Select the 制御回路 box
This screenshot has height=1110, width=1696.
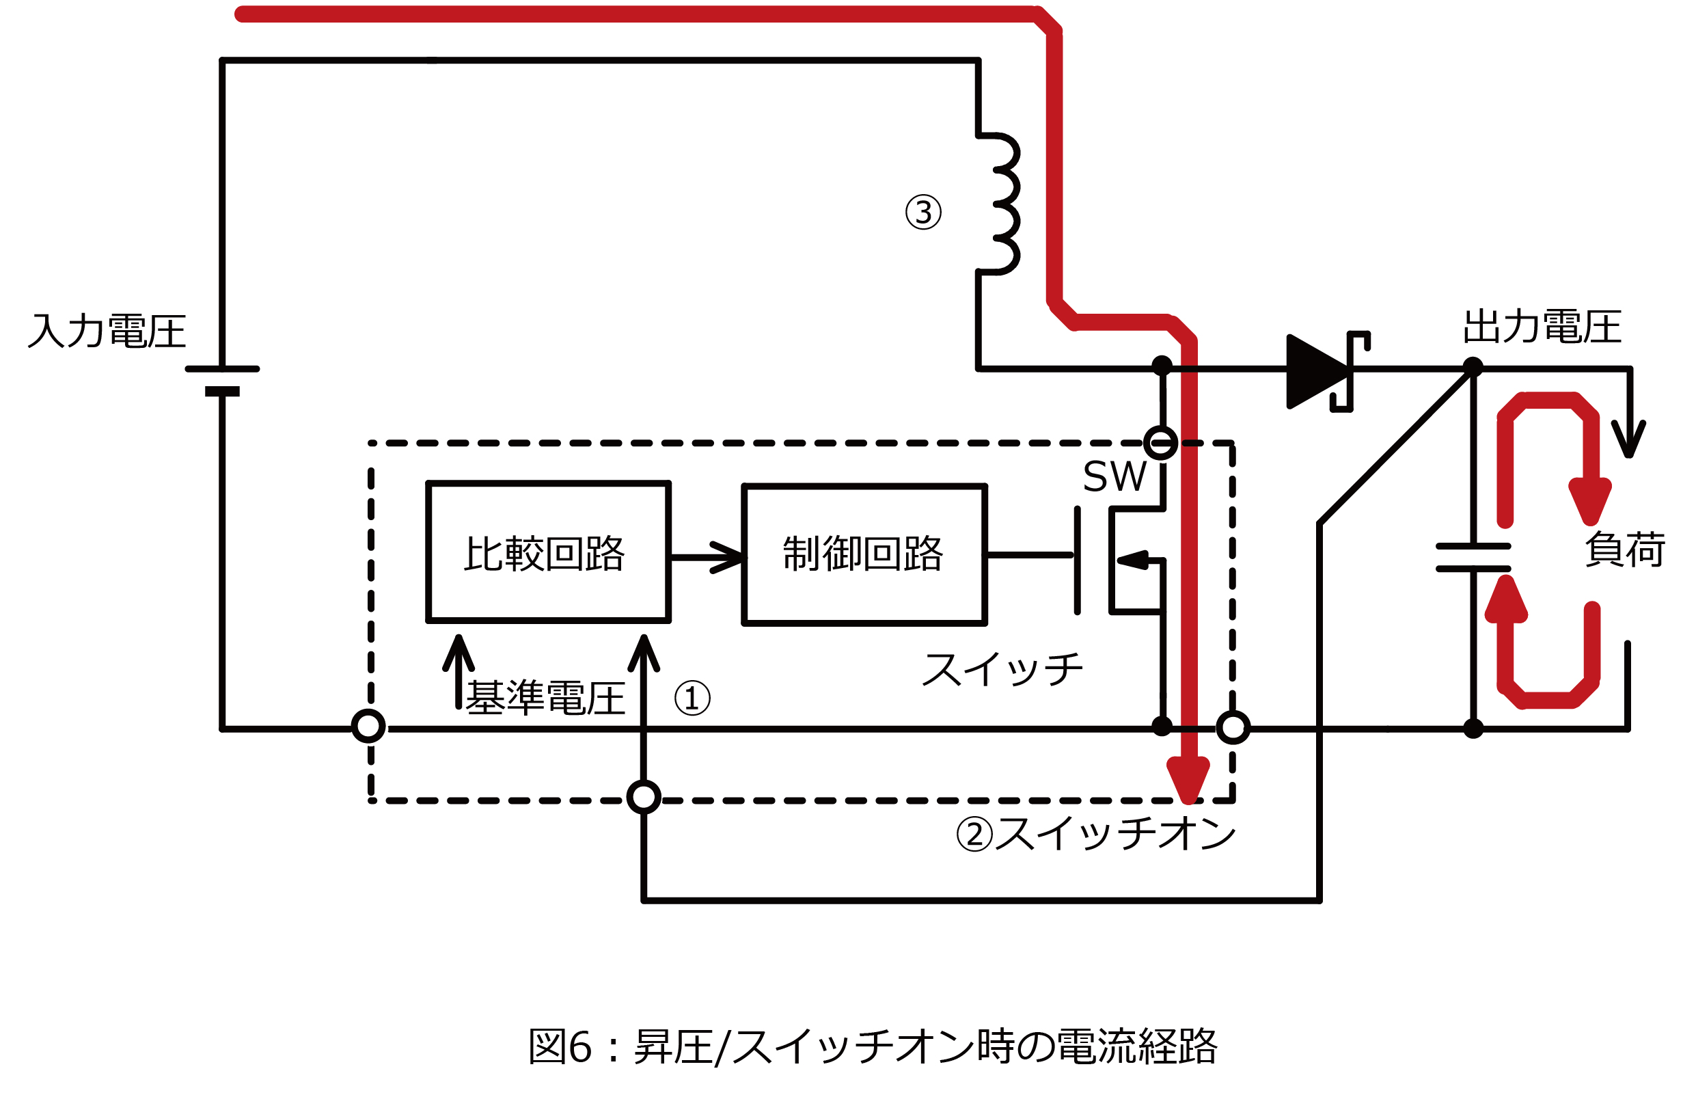864,554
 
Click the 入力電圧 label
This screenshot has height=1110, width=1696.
107,331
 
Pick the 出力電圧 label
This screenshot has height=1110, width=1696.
1543,327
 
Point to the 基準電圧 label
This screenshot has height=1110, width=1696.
545,698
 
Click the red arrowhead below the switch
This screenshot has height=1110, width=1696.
1188,780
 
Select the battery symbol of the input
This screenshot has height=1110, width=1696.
222,380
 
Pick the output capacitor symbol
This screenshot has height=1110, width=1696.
1473,558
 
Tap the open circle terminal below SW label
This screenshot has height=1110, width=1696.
1161,443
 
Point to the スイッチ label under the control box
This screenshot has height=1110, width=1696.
1001,669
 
